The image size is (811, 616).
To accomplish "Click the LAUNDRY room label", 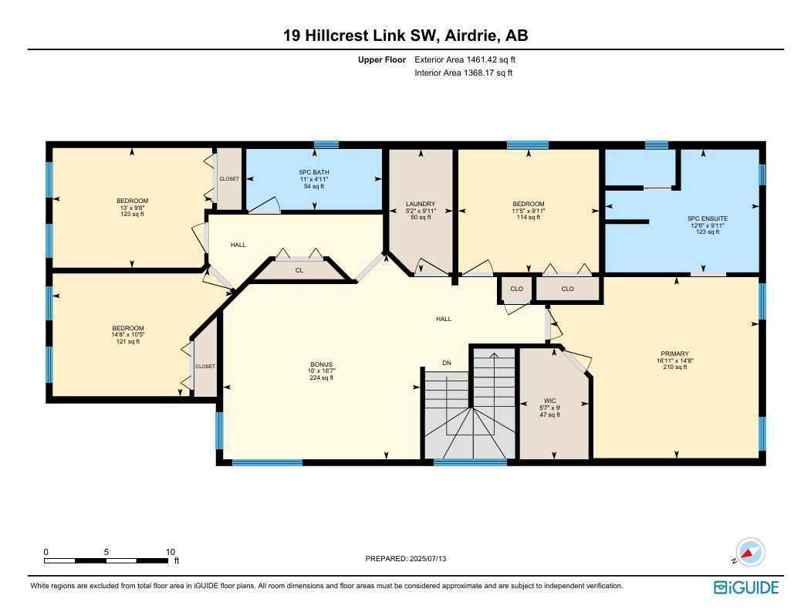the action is click(421, 204).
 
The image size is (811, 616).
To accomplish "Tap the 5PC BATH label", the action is click(314, 172).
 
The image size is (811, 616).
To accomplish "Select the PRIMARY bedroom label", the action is click(674, 354).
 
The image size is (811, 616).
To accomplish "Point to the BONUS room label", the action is click(321, 364).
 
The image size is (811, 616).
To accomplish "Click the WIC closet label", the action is click(550, 401).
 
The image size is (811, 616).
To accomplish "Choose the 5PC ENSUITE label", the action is click(708, 218).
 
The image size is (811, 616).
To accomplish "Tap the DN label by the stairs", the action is click(447, 363).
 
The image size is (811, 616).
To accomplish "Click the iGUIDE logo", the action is click(746, 587).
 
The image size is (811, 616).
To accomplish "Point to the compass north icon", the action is click(749, 553).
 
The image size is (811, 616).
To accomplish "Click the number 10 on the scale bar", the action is click(171, 552).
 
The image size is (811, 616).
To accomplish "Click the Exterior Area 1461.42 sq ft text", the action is click(465, 59).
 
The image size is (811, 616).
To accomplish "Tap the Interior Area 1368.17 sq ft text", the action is click(464, 73).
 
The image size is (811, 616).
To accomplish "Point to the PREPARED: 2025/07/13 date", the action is click(406, 559).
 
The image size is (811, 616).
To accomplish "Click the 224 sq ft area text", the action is click(321, 377).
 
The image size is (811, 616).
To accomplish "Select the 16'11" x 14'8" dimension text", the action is click(674, 360).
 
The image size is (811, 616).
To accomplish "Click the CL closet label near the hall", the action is click(299, 270).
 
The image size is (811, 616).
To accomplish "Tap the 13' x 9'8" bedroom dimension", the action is click(132, 208).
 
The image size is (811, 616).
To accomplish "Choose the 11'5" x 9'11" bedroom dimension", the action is click(528, 211).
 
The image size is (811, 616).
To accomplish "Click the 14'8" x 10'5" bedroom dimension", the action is click(128, 335).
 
